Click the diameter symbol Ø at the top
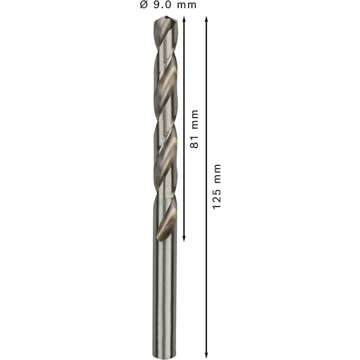click(143, 5)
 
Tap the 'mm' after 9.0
click(187, 5)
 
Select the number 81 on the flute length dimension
click(194, 141)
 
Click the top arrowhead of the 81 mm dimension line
click(183, 19)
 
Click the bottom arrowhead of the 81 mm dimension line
click(183, 238)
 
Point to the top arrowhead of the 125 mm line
click(206, 19)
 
